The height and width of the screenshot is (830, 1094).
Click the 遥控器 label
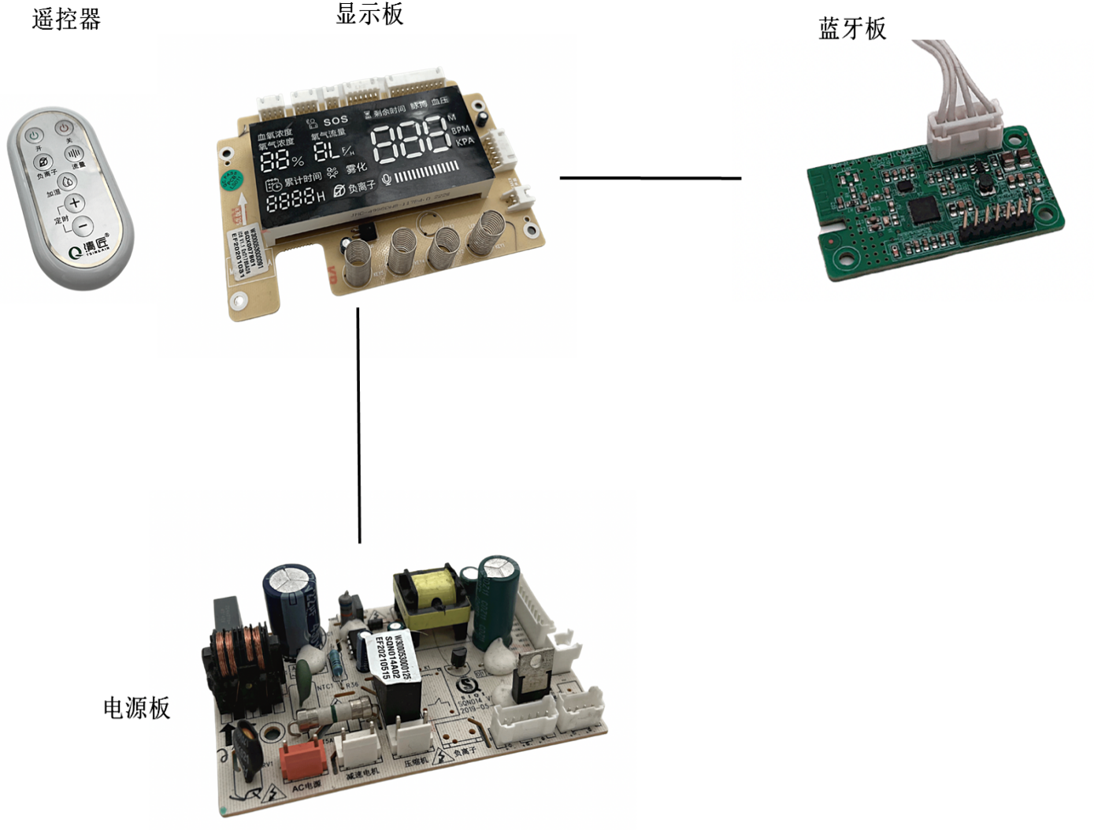[66, 19]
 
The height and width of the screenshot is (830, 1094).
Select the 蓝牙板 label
[852, 29]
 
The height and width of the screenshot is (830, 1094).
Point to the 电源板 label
[136, 707]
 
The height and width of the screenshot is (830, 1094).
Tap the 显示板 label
[369, 13]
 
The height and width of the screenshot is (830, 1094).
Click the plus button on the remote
[74, 202]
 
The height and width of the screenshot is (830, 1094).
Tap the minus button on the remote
[83, 227]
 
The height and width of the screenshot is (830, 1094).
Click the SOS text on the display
[335, 120]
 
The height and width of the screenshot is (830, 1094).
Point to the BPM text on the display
[461, 129]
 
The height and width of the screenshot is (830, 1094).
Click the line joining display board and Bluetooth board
[650, 178]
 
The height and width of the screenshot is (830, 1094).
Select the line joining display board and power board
[358, 425]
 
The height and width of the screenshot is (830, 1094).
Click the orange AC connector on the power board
[304, 758]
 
